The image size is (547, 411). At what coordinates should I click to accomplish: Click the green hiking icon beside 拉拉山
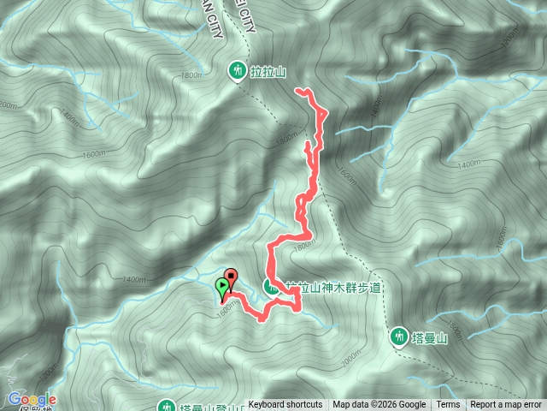tap(238, 72)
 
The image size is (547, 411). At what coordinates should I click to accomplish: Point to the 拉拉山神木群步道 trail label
tap(333, 287)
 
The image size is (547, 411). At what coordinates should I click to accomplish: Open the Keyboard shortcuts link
tap(285, 405)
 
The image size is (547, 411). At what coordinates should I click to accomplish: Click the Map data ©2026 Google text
tap(379, 405)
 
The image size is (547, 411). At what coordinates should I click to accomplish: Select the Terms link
tap(448, 405)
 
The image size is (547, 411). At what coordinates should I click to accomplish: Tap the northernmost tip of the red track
tap(297, 89)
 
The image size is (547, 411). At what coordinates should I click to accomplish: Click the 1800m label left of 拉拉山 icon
tap(191, 75)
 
